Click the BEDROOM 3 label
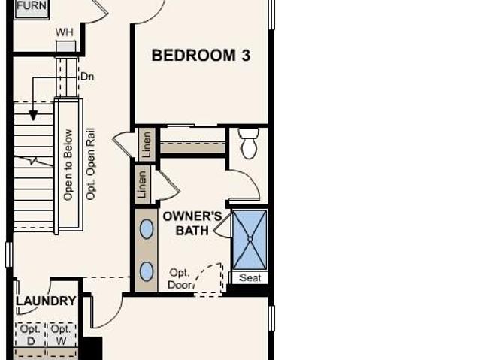(201, 56)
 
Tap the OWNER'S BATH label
(192, 223)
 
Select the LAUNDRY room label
(46, 301)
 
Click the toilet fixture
(249, 144)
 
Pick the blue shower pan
(250, 240)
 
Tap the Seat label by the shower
(250, 278)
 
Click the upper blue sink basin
(147, 228)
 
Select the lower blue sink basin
(147, 271)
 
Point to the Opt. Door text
(180, 279)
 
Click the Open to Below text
(68, 165)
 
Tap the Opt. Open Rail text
(90, 164)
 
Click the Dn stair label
(87, 77)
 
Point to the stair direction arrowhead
(33, 116)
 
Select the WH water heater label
(64, 32)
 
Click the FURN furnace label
(32, 5)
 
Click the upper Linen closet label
(147, 144)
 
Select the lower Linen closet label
(142, 184)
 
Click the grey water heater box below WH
(66, 47)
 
